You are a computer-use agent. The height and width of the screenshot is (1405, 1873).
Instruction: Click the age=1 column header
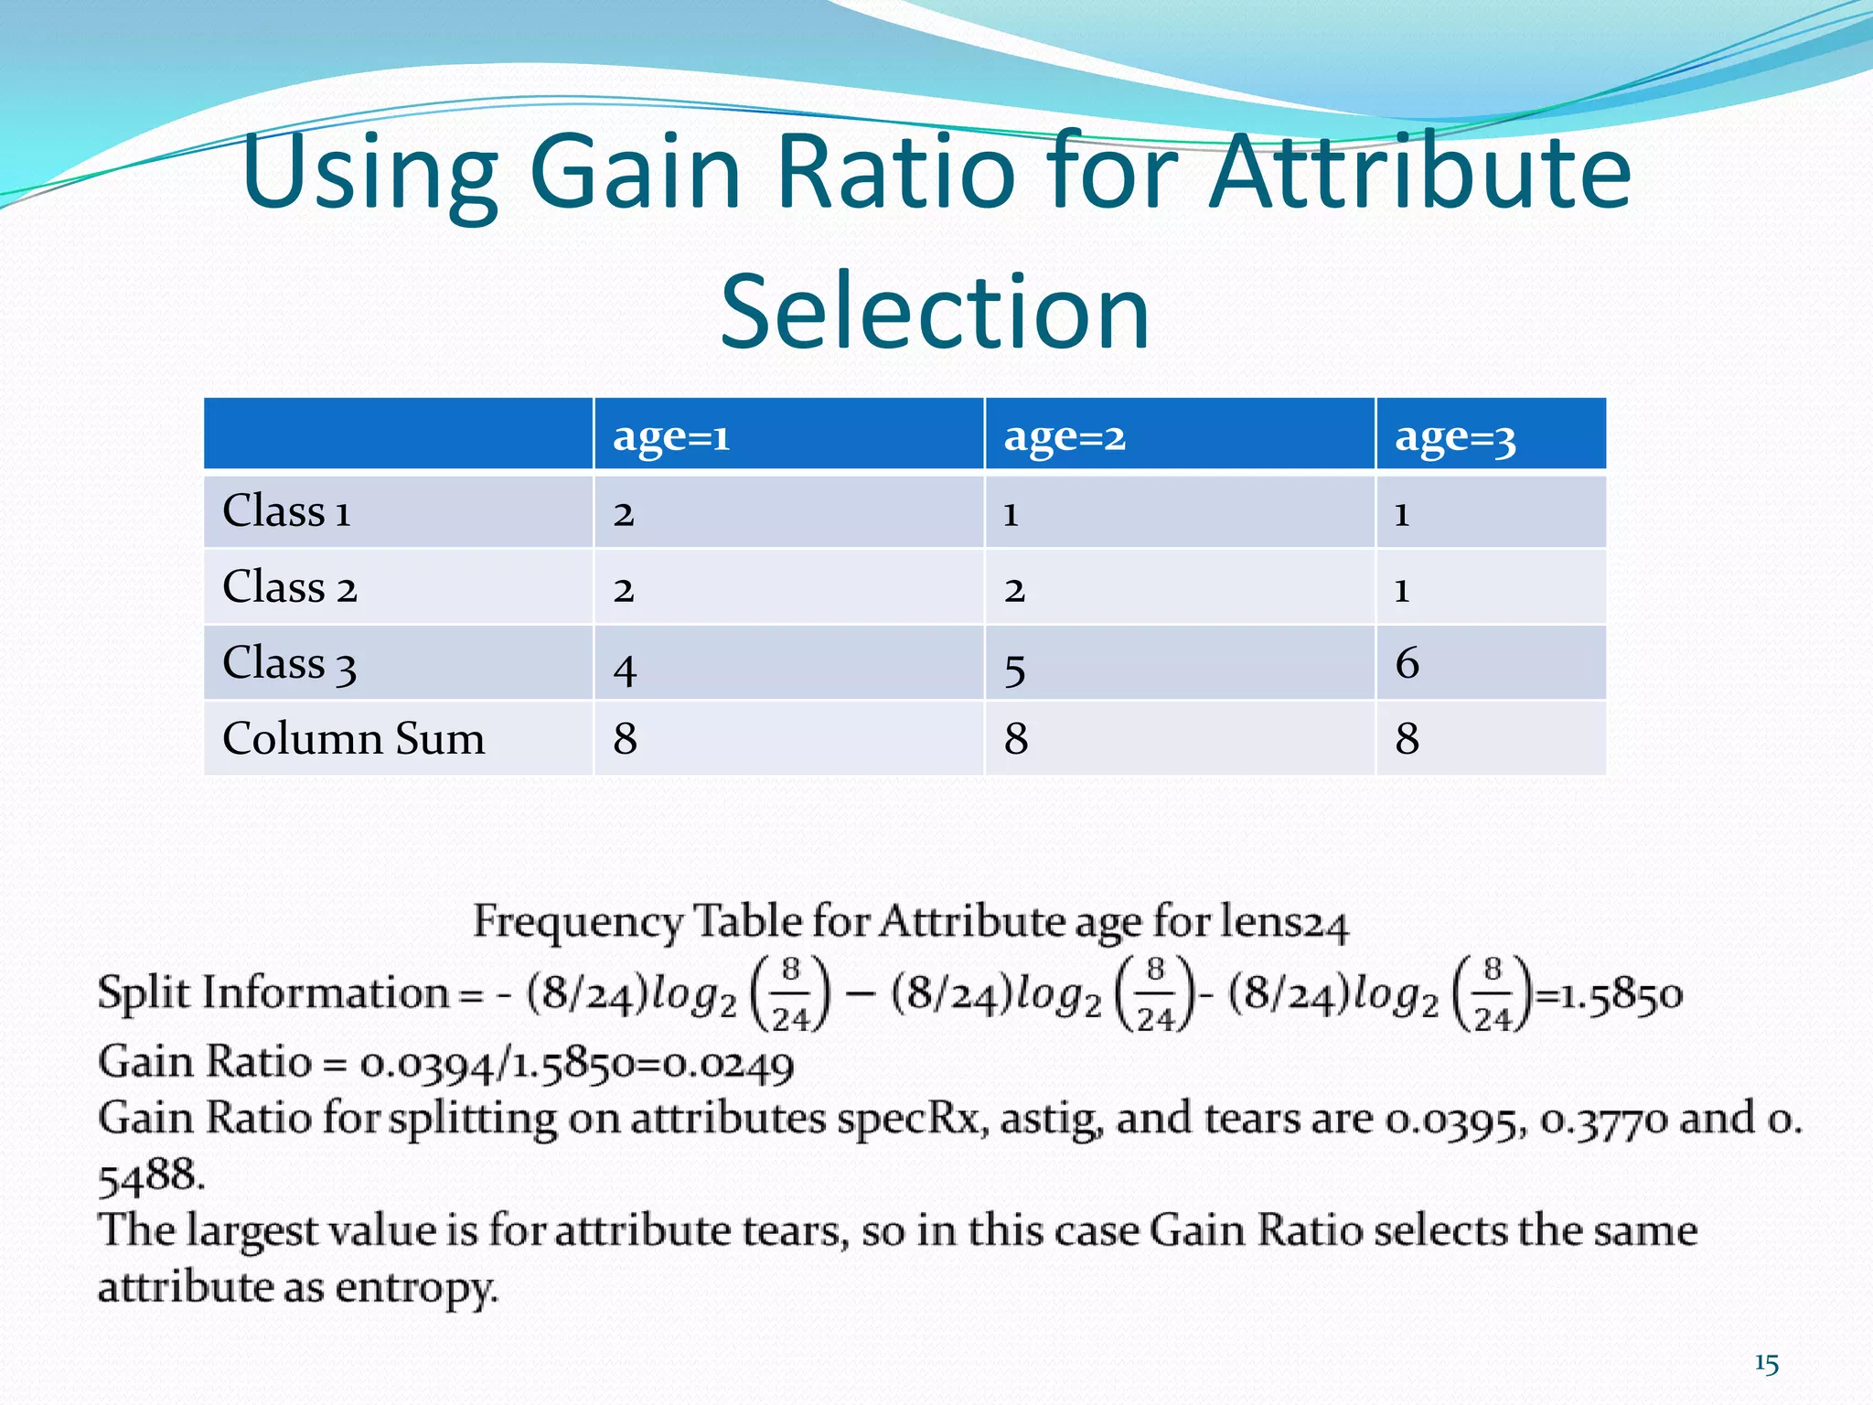pyautogui.click(x=671, y=436)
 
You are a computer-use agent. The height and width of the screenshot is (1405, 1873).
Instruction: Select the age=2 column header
pyautogui.click(x=1064, y=436)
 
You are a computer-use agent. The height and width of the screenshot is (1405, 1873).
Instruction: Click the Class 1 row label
pyautogui.click(x=286, y=511)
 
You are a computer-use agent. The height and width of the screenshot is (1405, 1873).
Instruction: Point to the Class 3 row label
pyautogui.click(x=289, y=664)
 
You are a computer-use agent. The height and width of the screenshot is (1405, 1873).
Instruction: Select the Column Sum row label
pyautogui.click(x=353, y=738)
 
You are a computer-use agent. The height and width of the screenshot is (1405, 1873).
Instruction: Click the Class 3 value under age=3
pyautogui.click(x=1407, y=663)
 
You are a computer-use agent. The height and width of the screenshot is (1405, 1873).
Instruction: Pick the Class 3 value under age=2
pyautogui.click(x=1014, y=670)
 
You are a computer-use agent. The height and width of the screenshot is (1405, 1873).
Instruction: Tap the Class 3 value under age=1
pyautogui.click(x=625, y=670)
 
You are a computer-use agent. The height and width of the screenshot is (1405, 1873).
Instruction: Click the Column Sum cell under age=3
pyautogui.click(x=1407, y=738)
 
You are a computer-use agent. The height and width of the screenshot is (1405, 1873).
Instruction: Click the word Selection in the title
pyautogui.click(x=935, y=312)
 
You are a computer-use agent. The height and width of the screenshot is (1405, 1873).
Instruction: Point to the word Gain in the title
pyautogui.click(x=635, y=171)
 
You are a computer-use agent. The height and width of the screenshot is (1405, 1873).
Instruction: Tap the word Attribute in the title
pyautogui.click(x=1419, y=171)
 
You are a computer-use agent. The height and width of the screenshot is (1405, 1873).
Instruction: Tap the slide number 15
pyautogui.click(x=1766, y=1364)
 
